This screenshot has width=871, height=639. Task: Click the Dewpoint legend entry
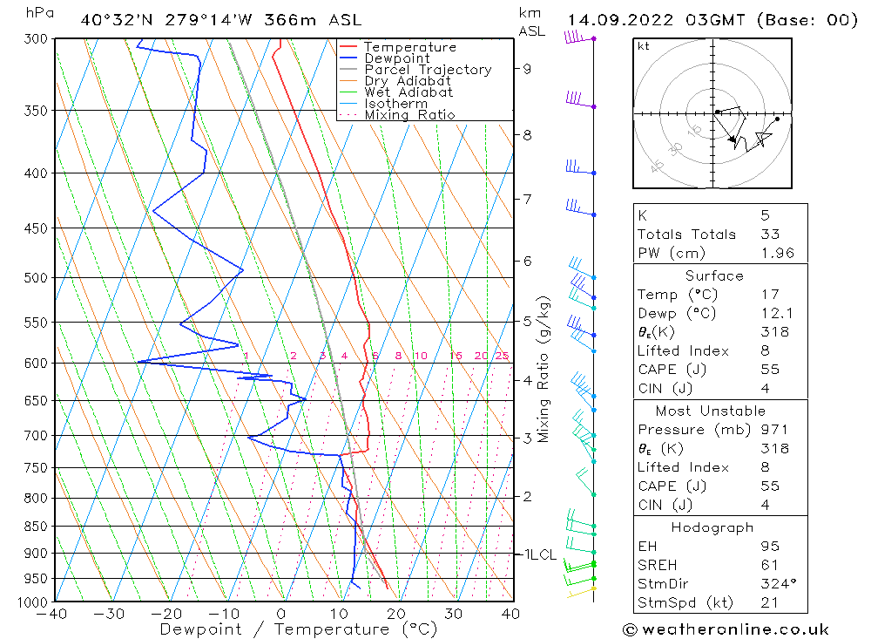(397, 58)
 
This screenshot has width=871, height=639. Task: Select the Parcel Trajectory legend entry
(428, 70)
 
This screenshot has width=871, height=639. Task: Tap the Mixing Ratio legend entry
(409, 115)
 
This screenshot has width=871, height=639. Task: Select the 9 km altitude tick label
(527, 68)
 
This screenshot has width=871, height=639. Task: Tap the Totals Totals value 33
(770, 234)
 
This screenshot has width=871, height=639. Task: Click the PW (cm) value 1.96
(773, 253)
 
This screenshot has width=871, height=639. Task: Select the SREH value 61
(768, 565)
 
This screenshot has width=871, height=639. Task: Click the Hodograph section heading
(712, 527)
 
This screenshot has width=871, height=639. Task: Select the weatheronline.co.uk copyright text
(726, 629)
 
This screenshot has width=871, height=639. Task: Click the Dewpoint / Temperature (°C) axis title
(298, 629)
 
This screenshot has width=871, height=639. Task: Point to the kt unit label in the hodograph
(644, 46)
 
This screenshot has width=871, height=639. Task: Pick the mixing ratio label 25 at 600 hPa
(502, 356)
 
